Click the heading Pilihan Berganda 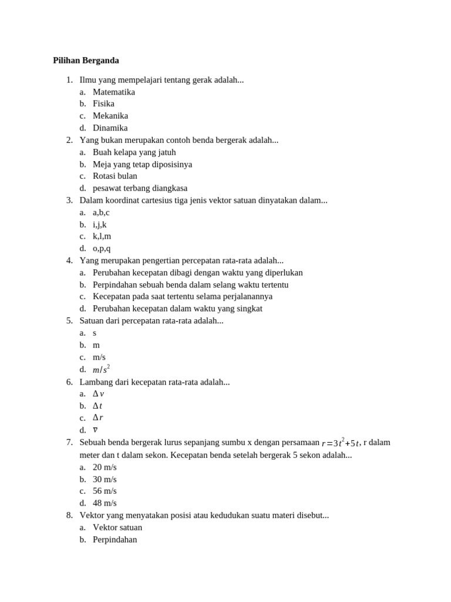pyautogui.click(x=86, y=61)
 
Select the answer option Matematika pyautogui.click(x=113, y=92)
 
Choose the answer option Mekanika pyautogui.click(x=110, y=116)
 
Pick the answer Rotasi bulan pyautogui.click(x=115, y=176)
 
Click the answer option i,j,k pyautogui.click(x=99, y=224)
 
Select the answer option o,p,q pyautogui.click(x=101, y=248)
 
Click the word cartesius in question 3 pyautogui.click(x=180, y=200)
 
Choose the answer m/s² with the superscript pyautogui.click(x=101, y=369)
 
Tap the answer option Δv pyautogui.click(x=99, y=394)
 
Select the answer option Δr pyautogui.click(x=98, y=418)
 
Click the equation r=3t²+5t pyautogui.click(x=341, y=443)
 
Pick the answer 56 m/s pyautogui.click(x=105, y=491)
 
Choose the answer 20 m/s pyautogui.click(x=105, y=467)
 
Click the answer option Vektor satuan pyautogui.click(x=117, y=527)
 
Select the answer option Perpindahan pyautogui.click(x=115, y=539)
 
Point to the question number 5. pyautogui.click(x=69, y=320)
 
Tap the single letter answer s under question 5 pyautogui.click(x=95, y=333)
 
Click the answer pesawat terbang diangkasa pyautogui.click(x=140, y=188)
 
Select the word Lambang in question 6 pyautogui.click(x=96, y=382)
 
